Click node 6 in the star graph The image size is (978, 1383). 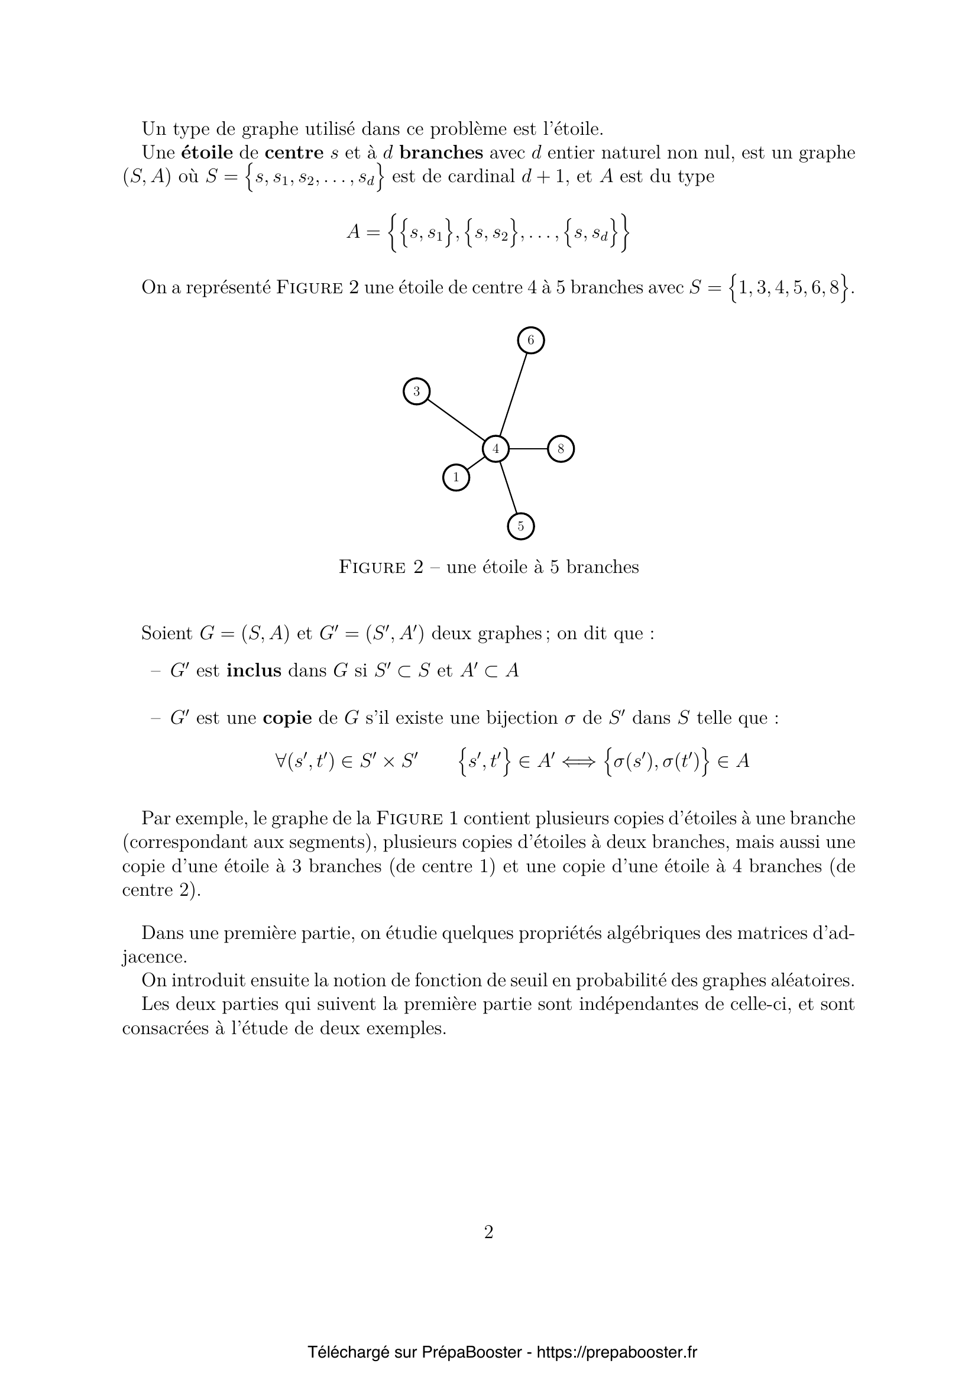click(530, 341)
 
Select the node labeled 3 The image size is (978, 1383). click(416, 391)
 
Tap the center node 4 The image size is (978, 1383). click(496, 449)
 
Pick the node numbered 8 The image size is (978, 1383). click(561, 449)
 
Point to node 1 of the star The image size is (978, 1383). click(456, 478)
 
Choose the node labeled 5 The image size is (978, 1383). click(521, 526)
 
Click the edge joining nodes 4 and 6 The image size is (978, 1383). click(513, 394)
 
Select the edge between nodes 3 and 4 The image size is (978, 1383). click(456, 420)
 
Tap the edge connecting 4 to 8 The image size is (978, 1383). click(528, 449)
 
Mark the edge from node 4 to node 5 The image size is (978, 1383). click(509, 487)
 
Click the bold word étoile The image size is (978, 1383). click(206, 153)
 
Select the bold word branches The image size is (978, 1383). click(441, 153)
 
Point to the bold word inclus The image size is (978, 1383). click(254, 671)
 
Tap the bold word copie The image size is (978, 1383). click(287, 718)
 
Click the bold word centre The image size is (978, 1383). click(296, 153)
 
